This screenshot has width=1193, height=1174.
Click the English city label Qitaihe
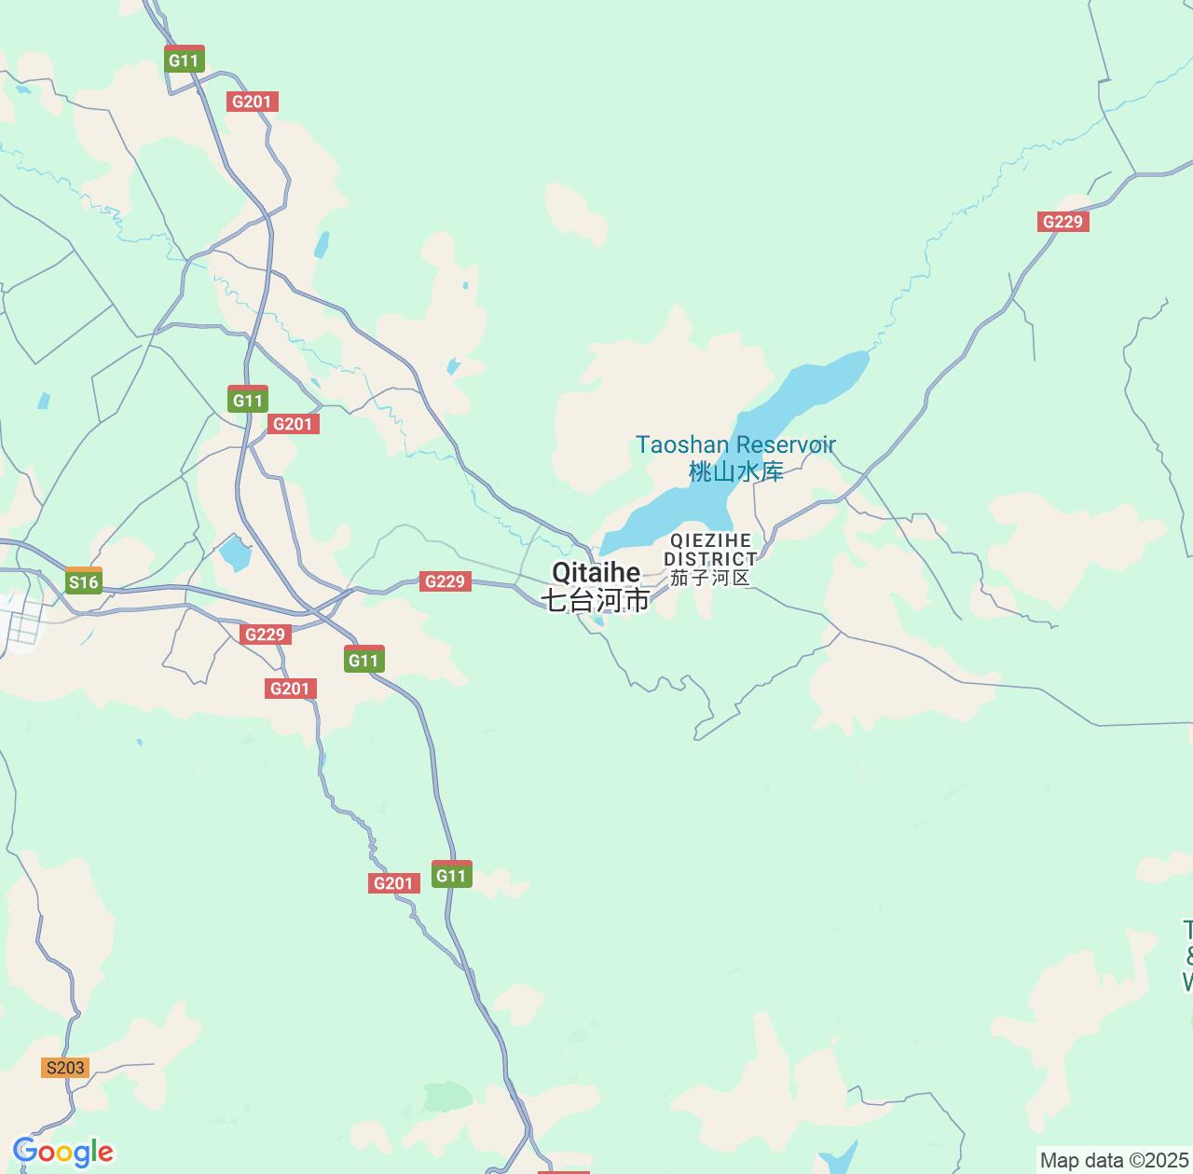pos(596,572)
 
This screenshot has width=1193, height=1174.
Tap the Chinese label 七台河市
pos(596,601)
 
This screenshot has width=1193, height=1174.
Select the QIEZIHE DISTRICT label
pos(710,550)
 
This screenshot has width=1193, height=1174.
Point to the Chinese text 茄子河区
pos(710,578)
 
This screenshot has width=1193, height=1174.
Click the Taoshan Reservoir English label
pos(735,444)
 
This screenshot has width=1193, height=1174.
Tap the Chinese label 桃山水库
pos(735,471)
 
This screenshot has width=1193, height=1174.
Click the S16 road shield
pos(83,582)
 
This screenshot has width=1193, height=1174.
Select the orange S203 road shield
pos(65,1068)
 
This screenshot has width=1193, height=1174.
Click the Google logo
pos(62,1152)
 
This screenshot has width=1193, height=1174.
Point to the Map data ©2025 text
pos(1115,1161)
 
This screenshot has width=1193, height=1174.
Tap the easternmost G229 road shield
pos(1063,222)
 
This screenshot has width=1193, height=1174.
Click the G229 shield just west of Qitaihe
pos(445,581)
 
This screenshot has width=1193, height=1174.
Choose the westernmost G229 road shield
pos(264,635)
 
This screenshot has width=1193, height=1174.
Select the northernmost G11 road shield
pos(184,61)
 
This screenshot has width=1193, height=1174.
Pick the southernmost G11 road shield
pos(451,875)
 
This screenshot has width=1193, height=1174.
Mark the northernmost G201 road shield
pos(252,102)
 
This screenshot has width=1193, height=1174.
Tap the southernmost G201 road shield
pos(392,883)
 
